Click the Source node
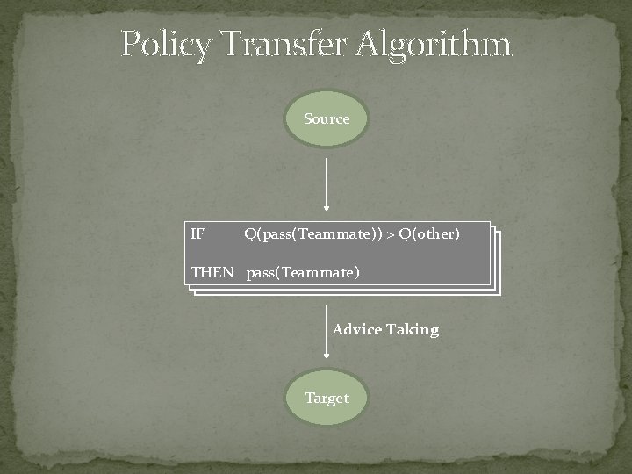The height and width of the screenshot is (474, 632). click(327, 118)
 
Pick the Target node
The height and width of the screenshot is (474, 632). click(327, 398)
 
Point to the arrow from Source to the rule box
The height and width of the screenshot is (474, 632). click(327, 184)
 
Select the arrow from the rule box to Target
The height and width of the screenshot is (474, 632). click(327, 332)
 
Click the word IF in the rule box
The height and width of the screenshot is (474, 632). click(198, 234)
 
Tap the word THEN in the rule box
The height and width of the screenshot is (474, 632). click(212, 272)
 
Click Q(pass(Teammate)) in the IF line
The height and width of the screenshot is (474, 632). click(313, 234)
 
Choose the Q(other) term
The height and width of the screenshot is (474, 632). click(429, 234)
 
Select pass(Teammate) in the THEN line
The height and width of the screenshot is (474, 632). click(303, 272)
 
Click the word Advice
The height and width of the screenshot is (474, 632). click(357, 330)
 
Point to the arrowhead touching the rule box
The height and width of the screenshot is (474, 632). click(327, 209)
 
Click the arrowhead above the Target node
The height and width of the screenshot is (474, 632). click(327, 355)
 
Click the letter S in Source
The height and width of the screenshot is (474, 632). click(308, 118)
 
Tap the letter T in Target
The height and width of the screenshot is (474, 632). click(309, 398)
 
